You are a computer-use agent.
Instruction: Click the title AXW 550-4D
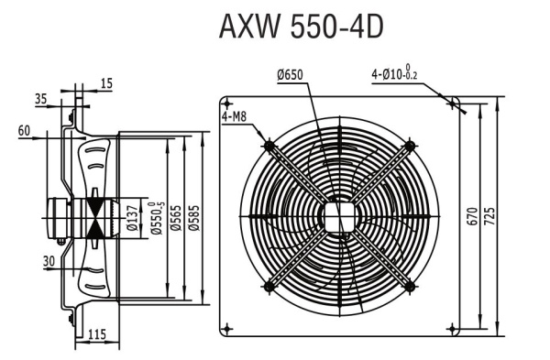pyautogui.click(x=300, y=27)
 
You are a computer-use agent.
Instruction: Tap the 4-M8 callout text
pyautogui.click(x=235, y=116)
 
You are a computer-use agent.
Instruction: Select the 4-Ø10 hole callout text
pyautogui.click(x=401, y=73)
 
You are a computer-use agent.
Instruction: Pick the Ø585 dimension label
pyautogui.click(x=194, y=216)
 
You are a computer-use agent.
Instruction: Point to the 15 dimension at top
pyautogui.click(x=106, y=83)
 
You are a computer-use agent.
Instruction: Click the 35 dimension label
pyautogui.click(x=40, y=96)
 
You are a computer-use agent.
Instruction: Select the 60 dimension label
pyautogui.click(x=24, y=130)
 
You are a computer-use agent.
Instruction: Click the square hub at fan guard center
pyautogui.click(x=338, y=216)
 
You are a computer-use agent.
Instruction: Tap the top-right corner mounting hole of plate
pyautogui.click(x=451, y=103)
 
